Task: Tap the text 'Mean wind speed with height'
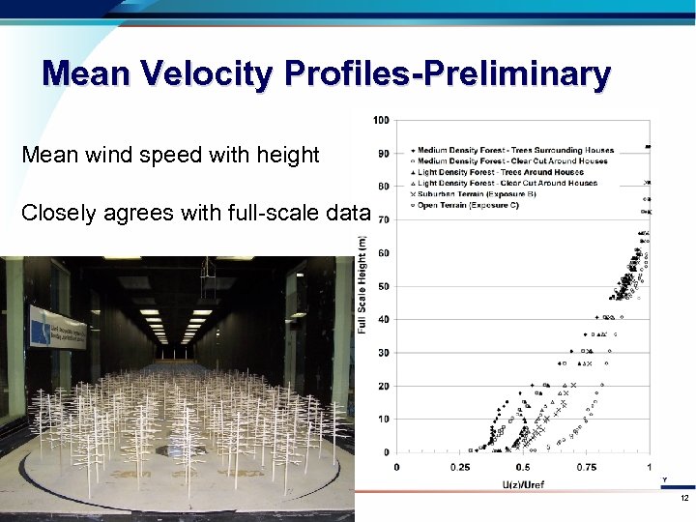tap(170, 154)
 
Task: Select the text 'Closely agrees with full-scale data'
tap(196, 213)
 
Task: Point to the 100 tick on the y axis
tap(381, 121)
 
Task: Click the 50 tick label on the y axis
tap(384, 286)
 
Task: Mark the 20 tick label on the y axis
tap(384, 386)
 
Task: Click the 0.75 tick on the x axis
tap(586, 467)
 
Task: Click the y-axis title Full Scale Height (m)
tap(362, 287)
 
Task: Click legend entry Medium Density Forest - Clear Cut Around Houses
tap(513, 161)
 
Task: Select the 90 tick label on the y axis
tap(384, 154)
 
